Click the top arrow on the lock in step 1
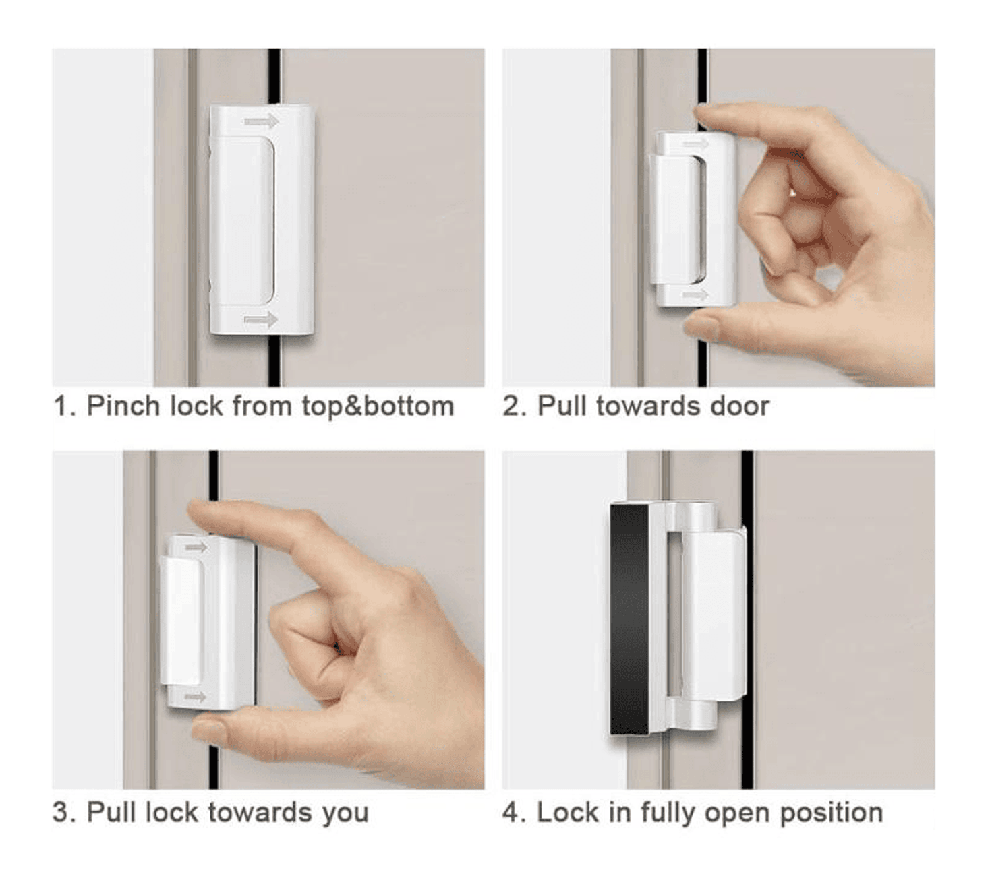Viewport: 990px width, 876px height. click(261, 122)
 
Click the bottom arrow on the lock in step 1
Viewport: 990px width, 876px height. click(261, 319)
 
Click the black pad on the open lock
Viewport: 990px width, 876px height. click(629, 619)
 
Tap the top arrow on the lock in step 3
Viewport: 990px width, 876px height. click(196, 547)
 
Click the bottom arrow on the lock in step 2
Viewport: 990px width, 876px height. click(695, 295)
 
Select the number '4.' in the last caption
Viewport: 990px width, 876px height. click(514, 813)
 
